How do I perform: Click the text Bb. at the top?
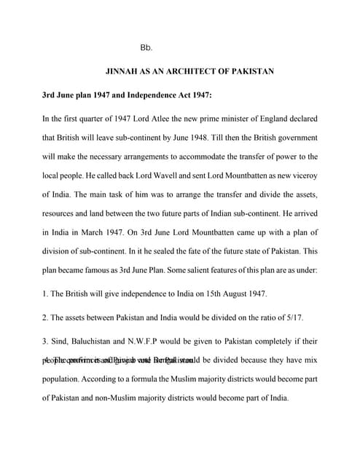click(145, 47)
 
